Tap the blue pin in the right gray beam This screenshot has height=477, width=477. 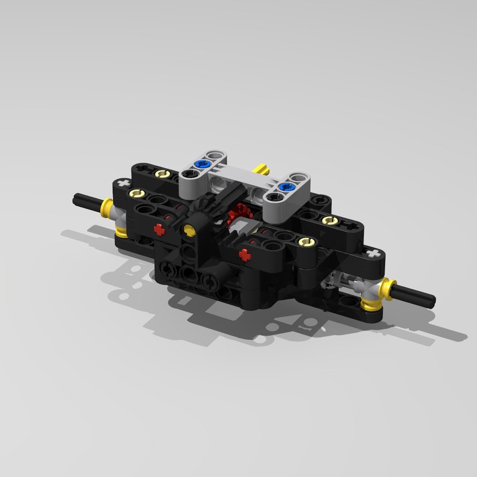[286, 188]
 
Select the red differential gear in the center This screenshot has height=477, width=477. [240, 212]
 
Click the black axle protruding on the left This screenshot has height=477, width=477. [86, 202]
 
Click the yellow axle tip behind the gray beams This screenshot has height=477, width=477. [261, 168]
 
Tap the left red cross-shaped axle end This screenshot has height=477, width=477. [159, 228]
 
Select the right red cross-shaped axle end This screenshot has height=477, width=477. [244, 255]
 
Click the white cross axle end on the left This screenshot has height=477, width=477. [123, 182]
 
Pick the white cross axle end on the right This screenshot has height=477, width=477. [373, 254]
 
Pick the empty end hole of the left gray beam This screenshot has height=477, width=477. [189, 174]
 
